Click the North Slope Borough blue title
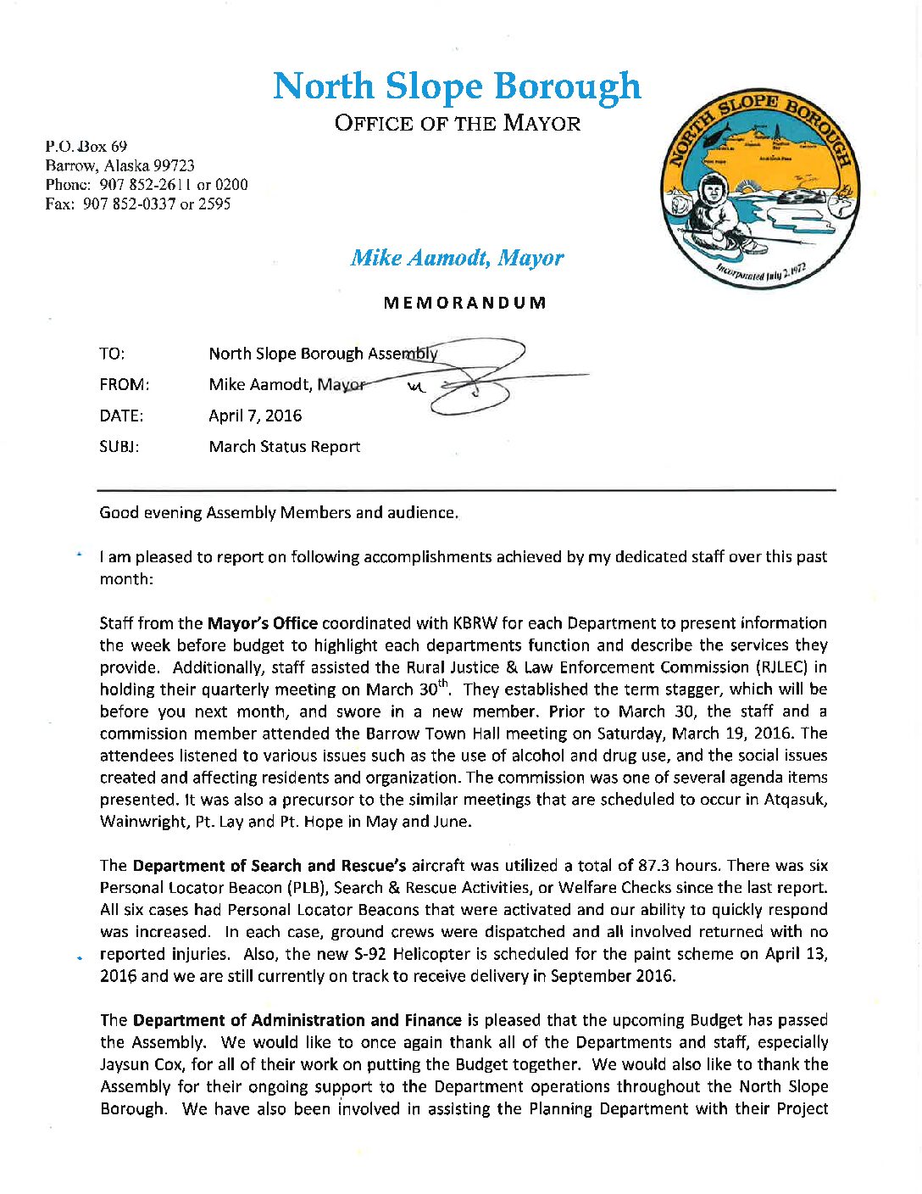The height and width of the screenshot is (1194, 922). pos(457,86)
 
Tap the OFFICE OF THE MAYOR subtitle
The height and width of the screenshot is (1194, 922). pos(458,124)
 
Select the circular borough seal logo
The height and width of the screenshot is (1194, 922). pos(760,188)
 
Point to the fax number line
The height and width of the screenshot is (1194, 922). pos(138,204)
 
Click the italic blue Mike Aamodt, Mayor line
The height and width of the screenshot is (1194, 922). pos(457,258)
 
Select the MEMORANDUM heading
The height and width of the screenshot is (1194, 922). pos(464,303)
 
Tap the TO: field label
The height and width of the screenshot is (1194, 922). pos(112,354)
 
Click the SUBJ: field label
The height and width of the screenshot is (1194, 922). pos(119,447)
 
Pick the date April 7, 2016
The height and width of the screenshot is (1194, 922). pos(255,416)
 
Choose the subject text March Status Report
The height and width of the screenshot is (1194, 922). pos(285,447)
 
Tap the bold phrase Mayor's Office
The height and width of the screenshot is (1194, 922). pos(263,623)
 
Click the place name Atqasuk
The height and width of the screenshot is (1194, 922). pos(797,800)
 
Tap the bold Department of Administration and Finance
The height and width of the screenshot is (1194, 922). pos(297,1020)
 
